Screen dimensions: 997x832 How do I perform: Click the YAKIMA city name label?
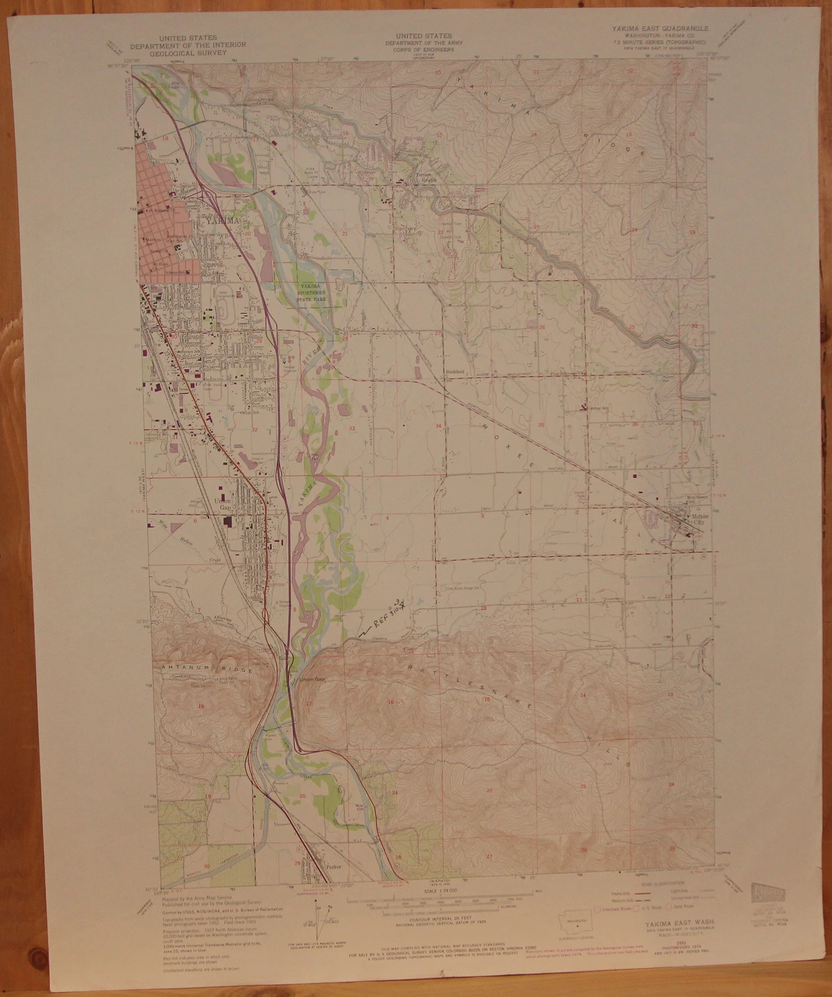[220, 220]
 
